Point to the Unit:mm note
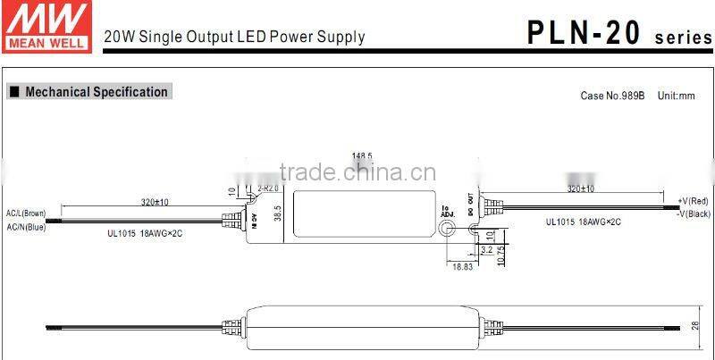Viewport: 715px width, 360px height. click(x=676, y=96)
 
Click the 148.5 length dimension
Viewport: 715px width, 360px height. click(x=362, y=155)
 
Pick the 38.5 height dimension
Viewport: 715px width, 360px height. click(x=277, y=215)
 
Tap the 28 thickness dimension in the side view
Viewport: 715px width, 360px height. click(x=695, y=328)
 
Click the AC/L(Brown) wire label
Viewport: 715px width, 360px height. click(x=26, y=213)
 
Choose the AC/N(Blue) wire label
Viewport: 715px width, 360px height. click(x=25, y=227)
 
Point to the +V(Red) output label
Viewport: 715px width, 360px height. click(x=693, y=201)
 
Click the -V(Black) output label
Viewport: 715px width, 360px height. click(x=693, y=213)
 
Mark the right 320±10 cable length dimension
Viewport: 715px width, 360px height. click(x=581, y=188)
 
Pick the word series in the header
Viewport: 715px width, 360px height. click(x=684, y=38)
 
